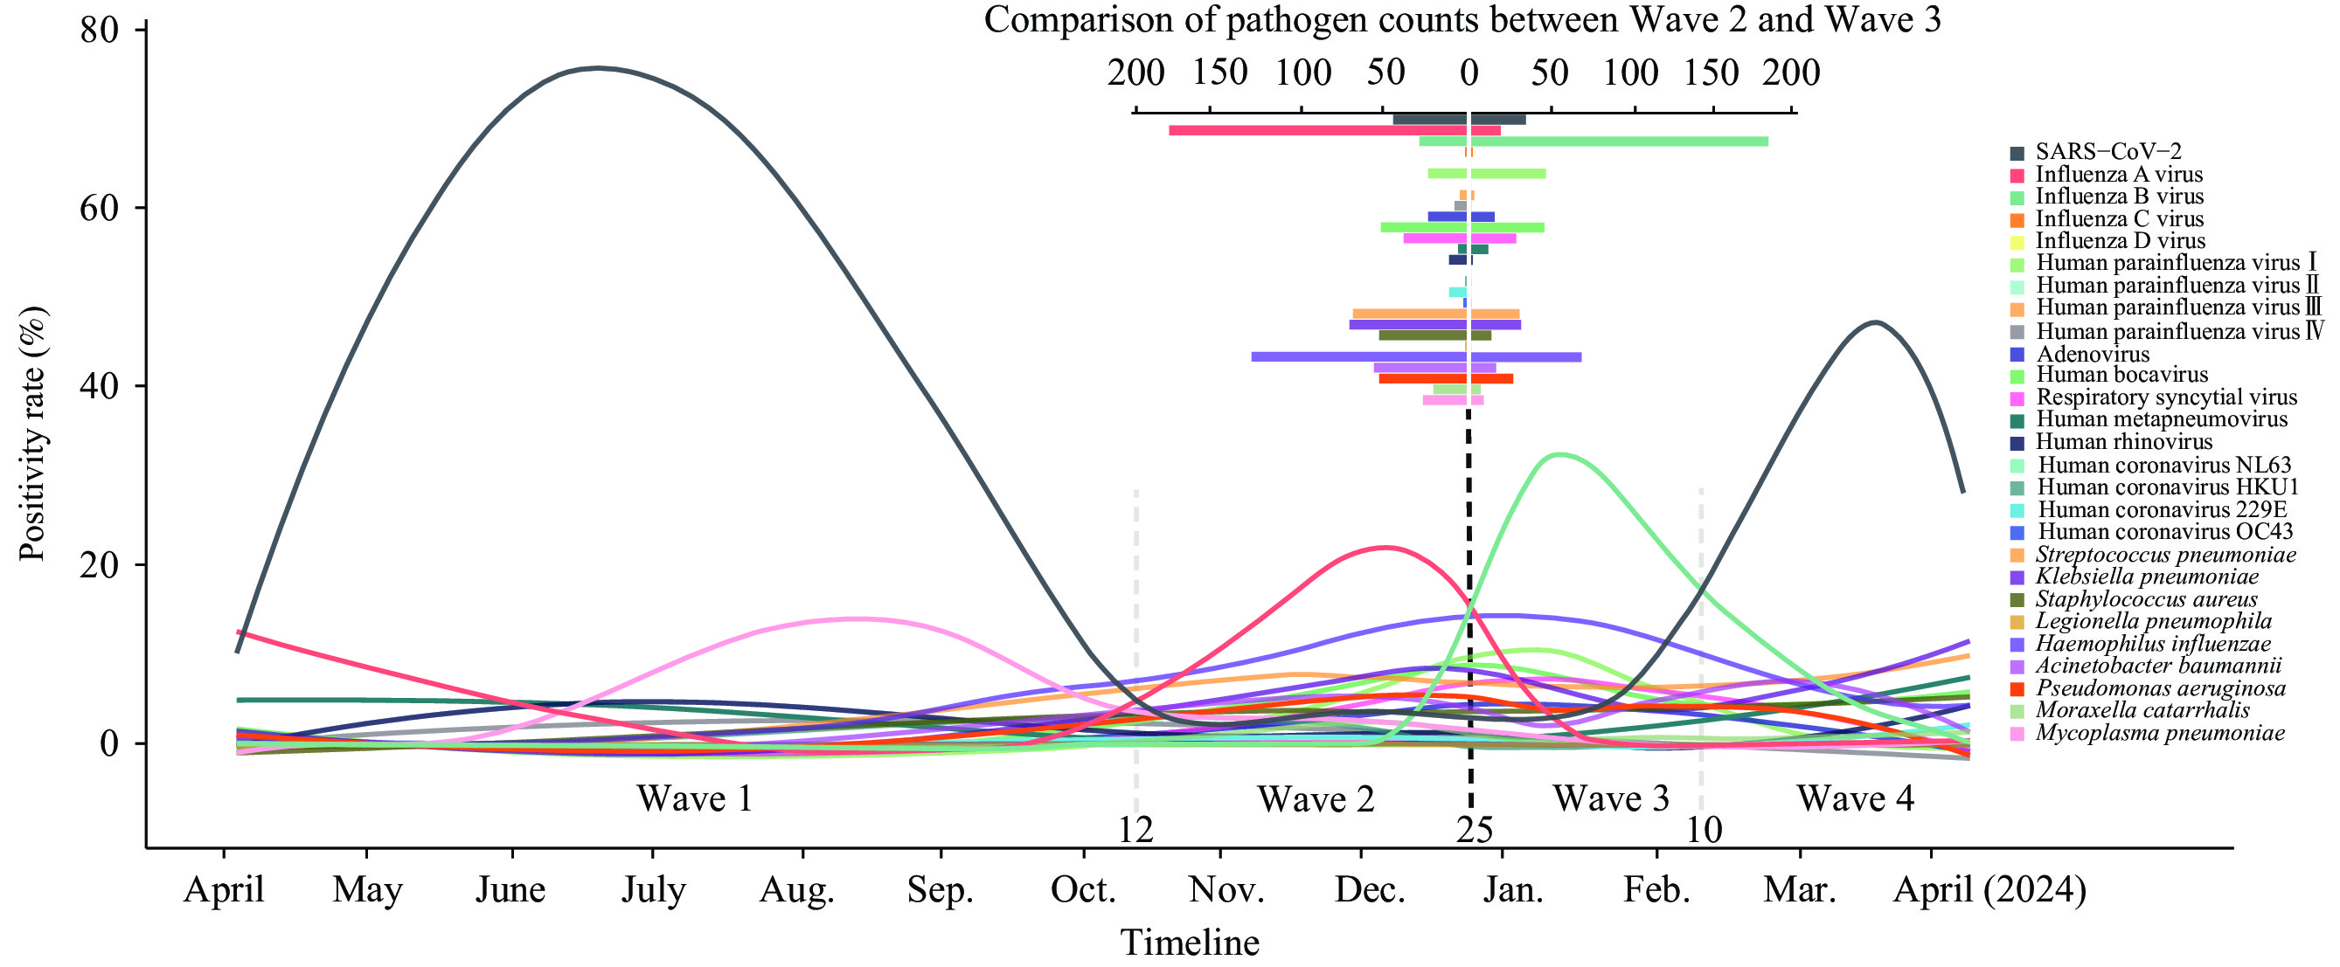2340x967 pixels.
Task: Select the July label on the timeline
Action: [x=653, y=890]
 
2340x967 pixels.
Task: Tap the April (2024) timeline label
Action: [x=1989, y=890]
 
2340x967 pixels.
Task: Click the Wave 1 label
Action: [x=695, y=799]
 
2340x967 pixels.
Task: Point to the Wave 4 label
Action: [x=1855, y=799]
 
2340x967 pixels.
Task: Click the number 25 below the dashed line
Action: [x=1475, y=830]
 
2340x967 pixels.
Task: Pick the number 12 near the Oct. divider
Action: [x=1135, y=830]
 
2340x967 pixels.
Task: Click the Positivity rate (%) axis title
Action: [x=32, y=434]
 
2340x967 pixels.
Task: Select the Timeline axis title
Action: [x=1190, y=943]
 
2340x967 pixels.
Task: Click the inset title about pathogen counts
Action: [x=1462, y=20]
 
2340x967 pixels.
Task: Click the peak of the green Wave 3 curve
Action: [x=1559, y=454]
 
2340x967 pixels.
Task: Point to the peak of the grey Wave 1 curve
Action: [x=597, y=68]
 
